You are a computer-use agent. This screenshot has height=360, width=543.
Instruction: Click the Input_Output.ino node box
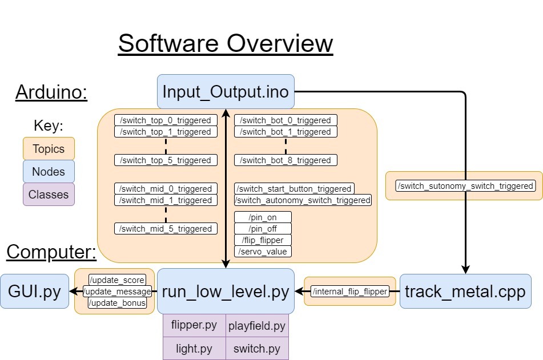(x=226, y=91)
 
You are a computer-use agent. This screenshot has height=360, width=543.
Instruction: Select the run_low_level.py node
(x=226, y=291)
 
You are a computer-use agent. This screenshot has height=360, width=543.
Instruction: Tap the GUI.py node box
(x=34, y=291)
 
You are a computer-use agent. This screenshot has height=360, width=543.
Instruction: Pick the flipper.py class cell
(x=194, y=325)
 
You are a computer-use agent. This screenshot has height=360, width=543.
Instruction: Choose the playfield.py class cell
(x=257, y=326)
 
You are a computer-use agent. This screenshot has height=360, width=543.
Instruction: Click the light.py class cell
(x=194, y=349)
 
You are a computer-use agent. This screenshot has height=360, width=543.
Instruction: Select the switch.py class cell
(x=257, y=349)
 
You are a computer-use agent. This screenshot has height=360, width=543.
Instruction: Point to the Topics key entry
(x=49, y=149)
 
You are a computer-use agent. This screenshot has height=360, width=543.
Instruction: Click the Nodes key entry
(x=49, y=172)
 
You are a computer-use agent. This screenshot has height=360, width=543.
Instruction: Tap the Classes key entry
(x=49, y=195)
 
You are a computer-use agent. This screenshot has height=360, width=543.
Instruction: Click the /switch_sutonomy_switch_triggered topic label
(x=466, y=186)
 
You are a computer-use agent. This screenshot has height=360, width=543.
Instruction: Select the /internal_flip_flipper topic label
(x=350, y=292)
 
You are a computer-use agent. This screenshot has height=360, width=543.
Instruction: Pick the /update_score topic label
(x=117, y=280)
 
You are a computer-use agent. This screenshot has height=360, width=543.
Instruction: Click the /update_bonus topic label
(x=117, y=303)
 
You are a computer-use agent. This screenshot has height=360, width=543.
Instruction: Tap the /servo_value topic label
(x=263, y=252)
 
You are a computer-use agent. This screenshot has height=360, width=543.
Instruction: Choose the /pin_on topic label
(x=263, y=217)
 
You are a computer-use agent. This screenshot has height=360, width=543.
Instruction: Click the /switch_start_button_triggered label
(x=294, y=189)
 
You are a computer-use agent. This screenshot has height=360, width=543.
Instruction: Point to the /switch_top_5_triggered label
(x=166, y=160)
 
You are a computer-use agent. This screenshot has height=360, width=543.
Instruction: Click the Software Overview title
(x=226, y=43)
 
